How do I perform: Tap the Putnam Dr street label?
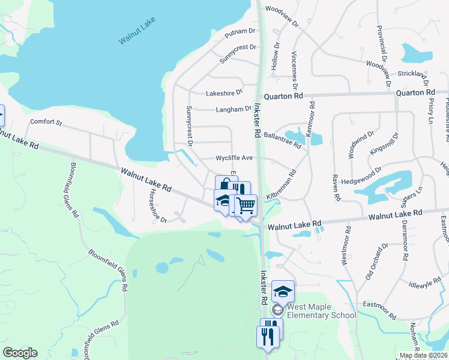click(240, 33)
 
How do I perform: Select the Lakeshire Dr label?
click(224, 93)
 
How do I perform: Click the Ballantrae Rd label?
click(282, 136)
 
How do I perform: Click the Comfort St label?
click(46, 122)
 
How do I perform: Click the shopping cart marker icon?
click(246, 205)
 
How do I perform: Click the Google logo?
click(20, 353)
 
